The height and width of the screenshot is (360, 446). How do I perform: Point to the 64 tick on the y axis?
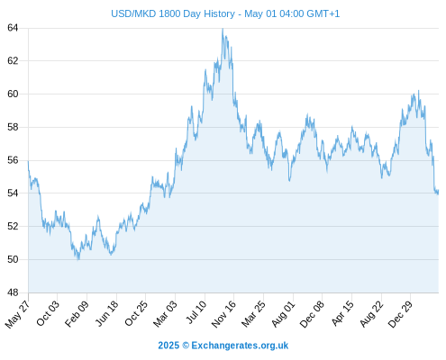[13, 28]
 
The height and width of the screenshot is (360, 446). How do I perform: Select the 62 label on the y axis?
[13, 61]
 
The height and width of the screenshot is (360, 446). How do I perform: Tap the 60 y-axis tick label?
[13, 94]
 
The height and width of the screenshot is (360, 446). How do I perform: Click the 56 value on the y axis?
[13, 160]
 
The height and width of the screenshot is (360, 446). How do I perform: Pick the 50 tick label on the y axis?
[13, 259]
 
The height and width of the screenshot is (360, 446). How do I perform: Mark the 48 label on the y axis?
[13, 292]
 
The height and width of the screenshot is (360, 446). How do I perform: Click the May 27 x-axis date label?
[17, 314]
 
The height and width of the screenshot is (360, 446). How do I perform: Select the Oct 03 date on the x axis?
[48, 313]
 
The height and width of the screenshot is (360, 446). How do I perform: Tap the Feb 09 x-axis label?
[77, 313]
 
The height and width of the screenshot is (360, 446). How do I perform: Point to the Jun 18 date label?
[107, 313]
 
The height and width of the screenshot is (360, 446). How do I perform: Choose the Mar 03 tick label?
[165, 314]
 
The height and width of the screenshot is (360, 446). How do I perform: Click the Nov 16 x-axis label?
[223, 314]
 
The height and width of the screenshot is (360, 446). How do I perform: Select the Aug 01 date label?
[283, 314]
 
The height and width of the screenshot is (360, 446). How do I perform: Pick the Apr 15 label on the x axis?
[342, 313]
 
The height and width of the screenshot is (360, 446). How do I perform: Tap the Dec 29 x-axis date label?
[400, 314]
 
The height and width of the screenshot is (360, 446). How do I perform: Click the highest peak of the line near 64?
[223, 29]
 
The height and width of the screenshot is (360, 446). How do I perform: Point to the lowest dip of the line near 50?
[78, 259]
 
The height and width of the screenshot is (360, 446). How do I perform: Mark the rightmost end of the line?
[438, 192]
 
